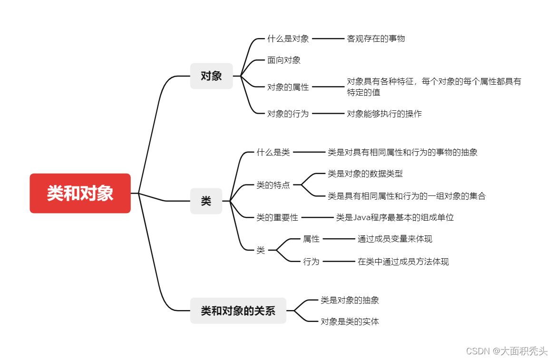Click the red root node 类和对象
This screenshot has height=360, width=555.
coord(80,193)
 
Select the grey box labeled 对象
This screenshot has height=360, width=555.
coord(211,76)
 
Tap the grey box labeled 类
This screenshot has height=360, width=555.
coord(206,201)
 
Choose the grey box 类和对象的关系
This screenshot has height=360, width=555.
coord(238,311)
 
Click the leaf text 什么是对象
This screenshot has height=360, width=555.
coord(288,39)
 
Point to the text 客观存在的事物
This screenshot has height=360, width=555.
coord(376,39)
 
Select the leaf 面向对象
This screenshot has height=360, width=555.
coord(283,60)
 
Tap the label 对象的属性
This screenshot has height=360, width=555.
coord(288,87)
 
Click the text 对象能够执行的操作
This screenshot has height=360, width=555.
coord(384,114)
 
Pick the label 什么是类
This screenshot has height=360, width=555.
coord(273,152)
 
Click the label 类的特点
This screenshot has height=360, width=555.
coord(273,185)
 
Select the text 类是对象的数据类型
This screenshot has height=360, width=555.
coord(365,174)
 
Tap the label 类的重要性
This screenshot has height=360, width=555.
coord(277,217)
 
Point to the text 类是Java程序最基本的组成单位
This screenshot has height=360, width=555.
coord(395,217)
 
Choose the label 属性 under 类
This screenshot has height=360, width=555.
coord(311,239)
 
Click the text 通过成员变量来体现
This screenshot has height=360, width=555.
coord(395,239)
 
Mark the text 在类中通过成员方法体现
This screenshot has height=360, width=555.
coord(403,262)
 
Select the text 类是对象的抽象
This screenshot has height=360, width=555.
coord(350,300)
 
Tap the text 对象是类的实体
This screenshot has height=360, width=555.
coord(350,321)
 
